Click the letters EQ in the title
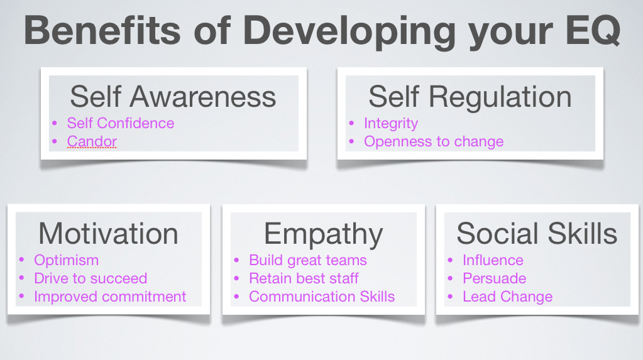593,31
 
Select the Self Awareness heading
173,97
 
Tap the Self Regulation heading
470,97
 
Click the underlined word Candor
92,141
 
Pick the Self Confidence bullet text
121,123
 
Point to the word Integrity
391,123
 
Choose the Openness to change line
434,142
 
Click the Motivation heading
108,234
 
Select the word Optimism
67,261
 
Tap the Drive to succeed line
91,278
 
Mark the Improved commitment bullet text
111,297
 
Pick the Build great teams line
308,261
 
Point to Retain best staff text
304,278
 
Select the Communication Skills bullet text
322,297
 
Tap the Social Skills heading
537,233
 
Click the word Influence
493,260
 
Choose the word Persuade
495,278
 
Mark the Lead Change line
508,297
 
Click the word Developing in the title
349,33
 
